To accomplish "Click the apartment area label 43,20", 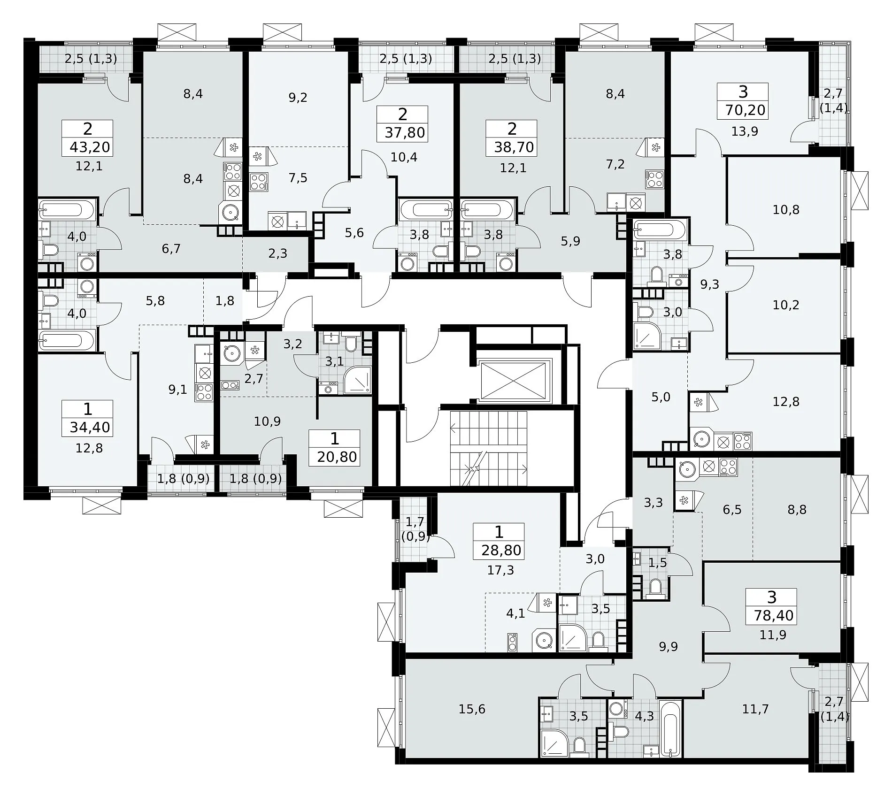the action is click(x=90, y=147).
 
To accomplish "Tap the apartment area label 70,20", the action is click(x=745, y=110).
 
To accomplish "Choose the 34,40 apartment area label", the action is click(x=90, y=428).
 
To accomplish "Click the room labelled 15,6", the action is click(x=472, y=709).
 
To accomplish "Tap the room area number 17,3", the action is click(x=500, y=570).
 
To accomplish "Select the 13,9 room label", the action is click(x=745, y=131).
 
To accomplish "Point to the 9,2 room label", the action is click(x=298, y=98).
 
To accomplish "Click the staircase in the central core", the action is click(x=489, y=448).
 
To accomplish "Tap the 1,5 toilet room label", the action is click(x=657, y=563).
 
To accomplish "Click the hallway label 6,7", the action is click(x=171, y=249).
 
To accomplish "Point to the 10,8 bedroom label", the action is click(x=786, y=209).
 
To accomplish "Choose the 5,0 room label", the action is click(x=661, y=397).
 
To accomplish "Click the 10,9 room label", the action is click(x=267, y=421).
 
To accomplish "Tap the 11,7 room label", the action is click(x=755, y=709).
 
